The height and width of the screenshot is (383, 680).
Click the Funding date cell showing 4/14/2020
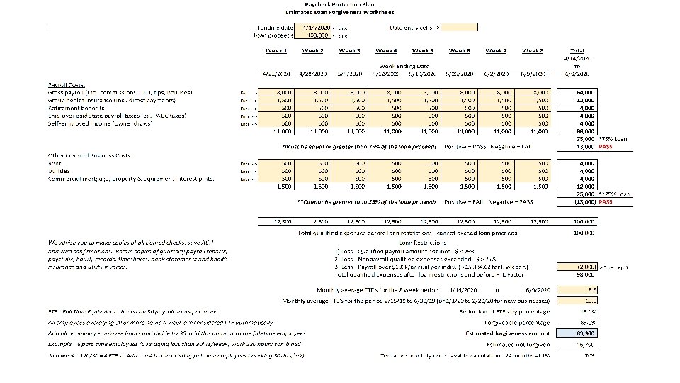(x=314, y=28)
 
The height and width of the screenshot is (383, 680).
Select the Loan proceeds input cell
(x=314, y=34)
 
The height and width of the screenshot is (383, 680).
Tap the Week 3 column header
(x=349, y=50)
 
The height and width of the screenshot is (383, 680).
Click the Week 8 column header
(x=533, y=50)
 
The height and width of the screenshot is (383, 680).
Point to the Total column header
(x=577, y=51)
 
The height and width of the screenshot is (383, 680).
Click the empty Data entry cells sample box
(x=460, y=28)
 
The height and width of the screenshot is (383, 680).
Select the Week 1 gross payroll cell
(x=276, y=92)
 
